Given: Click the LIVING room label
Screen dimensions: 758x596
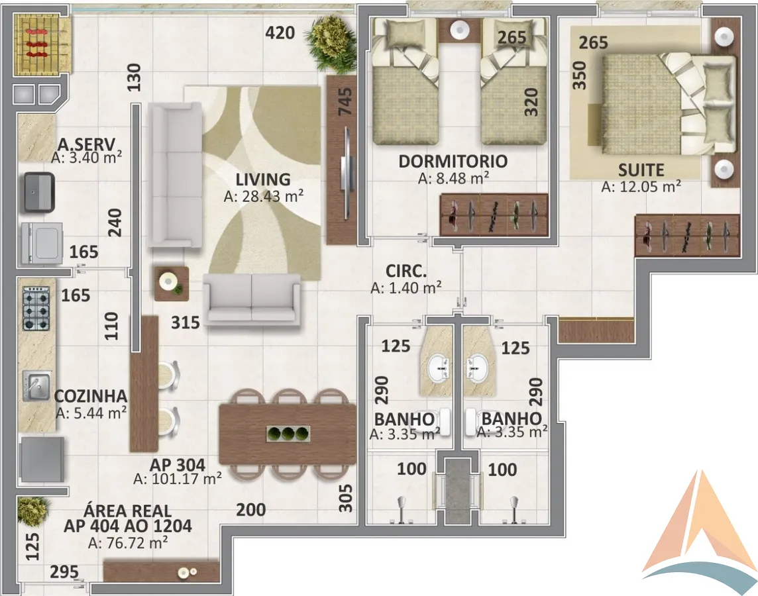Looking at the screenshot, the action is [263, 179].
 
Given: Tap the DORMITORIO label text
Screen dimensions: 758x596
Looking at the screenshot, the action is [453, 162].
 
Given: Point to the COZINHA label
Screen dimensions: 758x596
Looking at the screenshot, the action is [91, 396].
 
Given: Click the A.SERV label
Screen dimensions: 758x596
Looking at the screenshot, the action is [87, 144].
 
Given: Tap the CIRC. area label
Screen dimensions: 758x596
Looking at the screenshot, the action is [406, 271].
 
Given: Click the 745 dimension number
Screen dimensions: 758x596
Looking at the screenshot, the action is [345, 102].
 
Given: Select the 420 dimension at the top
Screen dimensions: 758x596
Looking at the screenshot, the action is [280, 33].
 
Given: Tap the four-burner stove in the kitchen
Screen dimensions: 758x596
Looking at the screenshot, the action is [36, 308].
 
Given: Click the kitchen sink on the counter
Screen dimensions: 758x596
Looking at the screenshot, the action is [37, 385].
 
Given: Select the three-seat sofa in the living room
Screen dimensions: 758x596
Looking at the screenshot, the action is [175, 175].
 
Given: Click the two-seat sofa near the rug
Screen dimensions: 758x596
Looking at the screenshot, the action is [252, 299].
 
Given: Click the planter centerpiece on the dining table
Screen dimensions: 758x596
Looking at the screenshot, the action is [288, 434].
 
